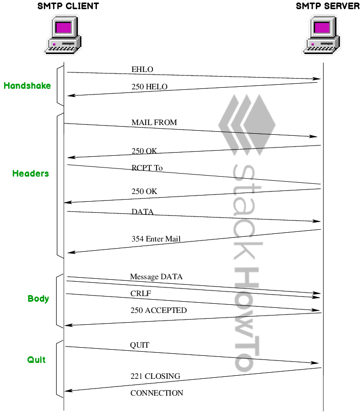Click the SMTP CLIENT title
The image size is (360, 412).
(x=68, y=6)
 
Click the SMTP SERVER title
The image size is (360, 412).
(x=327, y=6)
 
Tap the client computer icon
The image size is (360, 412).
(x=65, y=34)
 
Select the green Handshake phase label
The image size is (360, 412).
(x=27, y=86)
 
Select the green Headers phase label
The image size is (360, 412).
(x=31, y=174)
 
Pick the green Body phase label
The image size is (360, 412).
(x=38, y=298)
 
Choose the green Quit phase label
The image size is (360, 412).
(x=36, y=360)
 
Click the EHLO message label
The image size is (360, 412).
(x=142, y=69)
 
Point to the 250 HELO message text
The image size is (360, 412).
(x=149, y=87)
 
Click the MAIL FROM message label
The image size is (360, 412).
(x=154, y=123)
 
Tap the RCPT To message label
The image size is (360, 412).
(x=147, y=167)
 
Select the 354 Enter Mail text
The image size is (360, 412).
(x=156, y=239)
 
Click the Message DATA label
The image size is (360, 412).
(x=156, y=277)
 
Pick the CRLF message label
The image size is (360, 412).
(x=141, y=294)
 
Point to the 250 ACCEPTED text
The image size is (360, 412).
(x=159, y=310)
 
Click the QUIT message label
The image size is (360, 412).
(x=140, y=345)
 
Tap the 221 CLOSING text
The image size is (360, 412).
(x=156, y=376)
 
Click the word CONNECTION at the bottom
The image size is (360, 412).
(x=157, y=393)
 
